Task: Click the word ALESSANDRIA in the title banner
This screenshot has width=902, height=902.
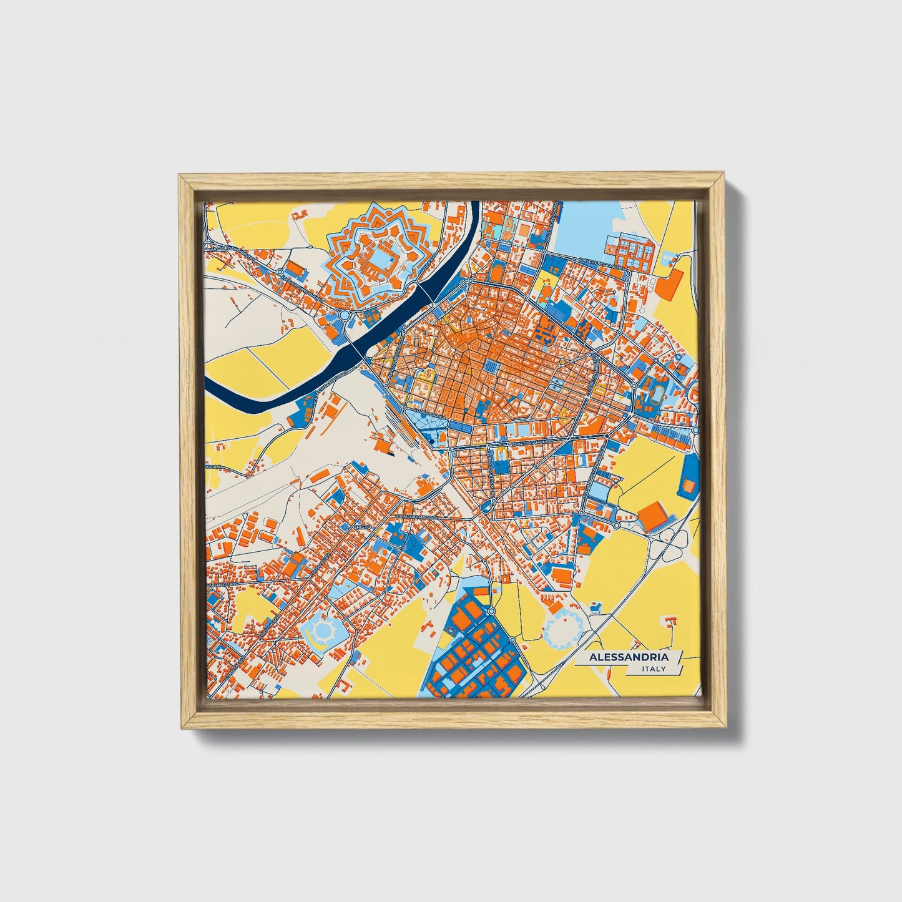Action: click(x=629, y=657)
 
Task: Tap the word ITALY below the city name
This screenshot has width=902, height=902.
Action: click(x=653, y=669)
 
